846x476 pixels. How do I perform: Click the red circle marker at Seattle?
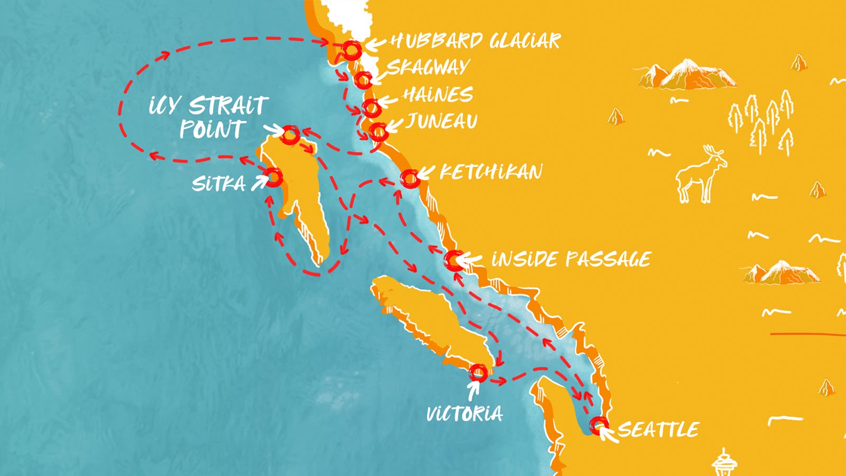599,425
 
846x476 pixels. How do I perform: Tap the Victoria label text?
464,413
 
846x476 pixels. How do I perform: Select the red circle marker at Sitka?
273,177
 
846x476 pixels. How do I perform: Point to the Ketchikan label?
491,172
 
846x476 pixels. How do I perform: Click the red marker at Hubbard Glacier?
352,50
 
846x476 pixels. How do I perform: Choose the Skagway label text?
428,67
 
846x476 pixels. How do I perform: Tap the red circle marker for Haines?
371,107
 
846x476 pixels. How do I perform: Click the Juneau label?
442,122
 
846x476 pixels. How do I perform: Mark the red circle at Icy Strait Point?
290,135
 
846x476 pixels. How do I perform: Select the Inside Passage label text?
571,259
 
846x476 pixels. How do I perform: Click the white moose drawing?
701,175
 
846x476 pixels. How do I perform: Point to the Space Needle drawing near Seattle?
724,463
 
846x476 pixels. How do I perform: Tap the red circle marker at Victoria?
478,372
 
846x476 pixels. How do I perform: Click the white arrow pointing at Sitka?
259,183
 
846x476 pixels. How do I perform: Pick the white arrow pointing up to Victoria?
473,390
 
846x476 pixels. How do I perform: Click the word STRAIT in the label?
229,106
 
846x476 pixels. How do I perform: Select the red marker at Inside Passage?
454,260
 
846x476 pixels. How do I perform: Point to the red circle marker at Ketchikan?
409,178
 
